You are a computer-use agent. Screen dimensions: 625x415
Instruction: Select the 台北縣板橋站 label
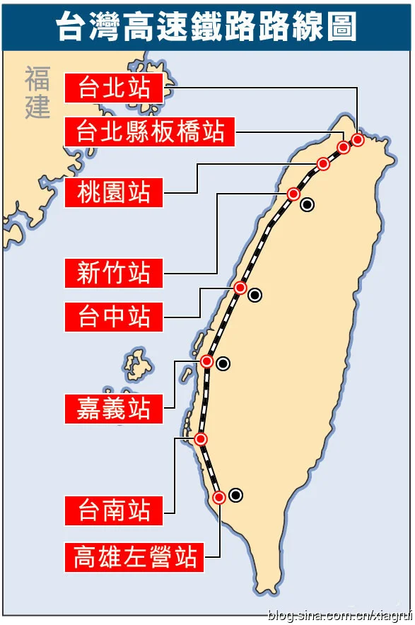click(150, 132)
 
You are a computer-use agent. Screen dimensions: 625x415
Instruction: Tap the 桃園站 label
click(113, 192)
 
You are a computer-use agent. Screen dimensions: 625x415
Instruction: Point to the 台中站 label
click(113, 316)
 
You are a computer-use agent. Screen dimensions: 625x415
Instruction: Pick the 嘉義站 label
click(113, 408)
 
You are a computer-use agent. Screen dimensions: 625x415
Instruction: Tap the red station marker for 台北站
click(358, 139)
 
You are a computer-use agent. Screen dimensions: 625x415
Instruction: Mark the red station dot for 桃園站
click(323, 164)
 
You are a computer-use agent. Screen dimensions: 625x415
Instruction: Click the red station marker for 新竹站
click(293, 194)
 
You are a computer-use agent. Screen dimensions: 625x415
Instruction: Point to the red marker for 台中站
click(240, 288)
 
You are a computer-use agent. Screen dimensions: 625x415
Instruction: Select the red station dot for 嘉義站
click(206, 361)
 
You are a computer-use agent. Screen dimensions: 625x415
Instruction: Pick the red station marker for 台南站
click(201, 439)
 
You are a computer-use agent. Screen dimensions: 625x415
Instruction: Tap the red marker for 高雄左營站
click(219, 497)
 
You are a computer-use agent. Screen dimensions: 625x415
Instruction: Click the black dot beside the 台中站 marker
click(255, 296)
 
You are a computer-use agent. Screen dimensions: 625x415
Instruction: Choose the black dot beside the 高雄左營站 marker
click(235, 495)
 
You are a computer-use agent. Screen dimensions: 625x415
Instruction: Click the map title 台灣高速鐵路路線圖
click(206, 27)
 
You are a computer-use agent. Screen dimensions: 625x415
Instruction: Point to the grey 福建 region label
click(37, 93)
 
